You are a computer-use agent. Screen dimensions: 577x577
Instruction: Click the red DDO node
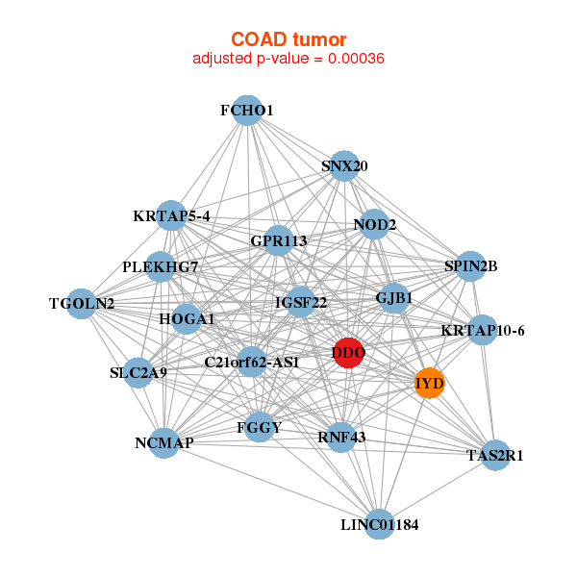pos(348,353)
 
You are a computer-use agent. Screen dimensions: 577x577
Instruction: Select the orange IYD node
pos(429,384)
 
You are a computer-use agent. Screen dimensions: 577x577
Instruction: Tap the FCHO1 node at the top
pos(247,111)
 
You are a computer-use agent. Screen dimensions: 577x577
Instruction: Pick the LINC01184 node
pos(380,524)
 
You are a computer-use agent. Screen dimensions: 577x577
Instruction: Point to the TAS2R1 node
pos(495,455)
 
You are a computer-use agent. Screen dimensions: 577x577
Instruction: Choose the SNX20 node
pos(344,166)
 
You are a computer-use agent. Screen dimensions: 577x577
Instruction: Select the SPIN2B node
pos(470,265)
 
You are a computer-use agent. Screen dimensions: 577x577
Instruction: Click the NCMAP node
pos(165,442)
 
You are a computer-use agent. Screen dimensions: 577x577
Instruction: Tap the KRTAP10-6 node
pos(483,331)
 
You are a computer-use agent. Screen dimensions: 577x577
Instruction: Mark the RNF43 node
pos(341,438)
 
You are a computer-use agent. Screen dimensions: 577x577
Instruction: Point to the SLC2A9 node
pos(138,372)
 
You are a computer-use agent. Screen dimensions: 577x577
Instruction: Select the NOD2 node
pos(374,225)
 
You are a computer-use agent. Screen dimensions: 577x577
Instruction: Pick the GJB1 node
pos(394,298)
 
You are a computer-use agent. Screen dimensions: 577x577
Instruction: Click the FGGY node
pos(259,425)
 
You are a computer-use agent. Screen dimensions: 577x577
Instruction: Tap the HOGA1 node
pos(187,318)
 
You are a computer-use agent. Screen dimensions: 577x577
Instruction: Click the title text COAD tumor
pos(288,38)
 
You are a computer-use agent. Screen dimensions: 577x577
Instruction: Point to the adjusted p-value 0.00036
pos(288,59)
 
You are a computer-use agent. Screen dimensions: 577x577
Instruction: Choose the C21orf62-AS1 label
pos(252,363)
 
